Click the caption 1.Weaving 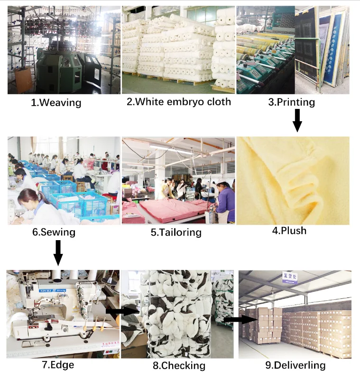[x=56, y=103]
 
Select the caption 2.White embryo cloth [x=179, y=101]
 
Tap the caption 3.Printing [x=291, y=102]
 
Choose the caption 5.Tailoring [x=176, y=232]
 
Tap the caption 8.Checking [x=179, y=365]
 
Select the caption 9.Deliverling [x=295, y=365]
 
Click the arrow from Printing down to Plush [x=297, y=120]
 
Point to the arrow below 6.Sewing [x=58, y=252]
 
